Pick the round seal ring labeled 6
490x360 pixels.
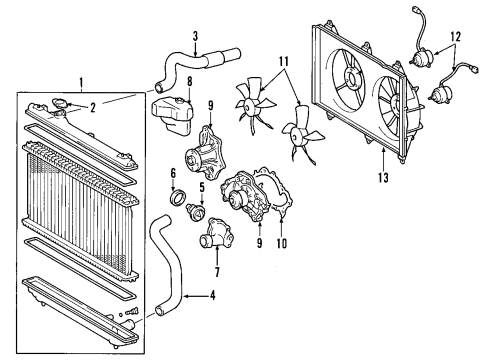click(180, 204)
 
